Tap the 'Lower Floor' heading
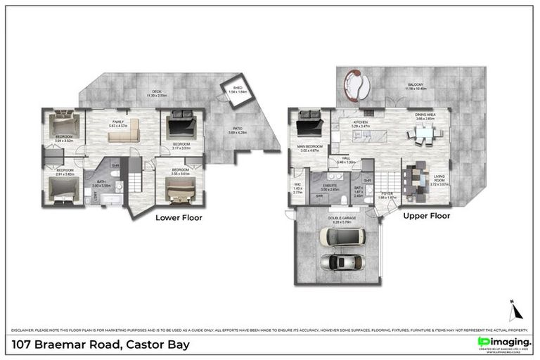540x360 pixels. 179,218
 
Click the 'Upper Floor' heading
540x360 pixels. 426,216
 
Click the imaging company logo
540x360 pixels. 503,343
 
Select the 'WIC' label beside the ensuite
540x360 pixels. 297,186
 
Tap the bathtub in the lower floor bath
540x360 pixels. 109,202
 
